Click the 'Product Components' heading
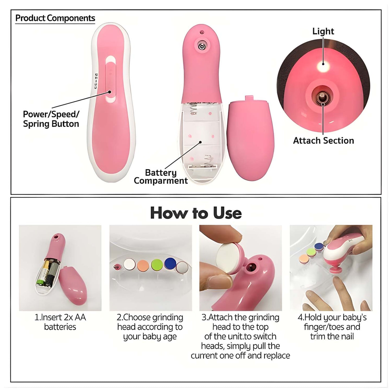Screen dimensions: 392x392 55,18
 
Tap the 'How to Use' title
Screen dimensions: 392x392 196,213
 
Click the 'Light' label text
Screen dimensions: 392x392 323,31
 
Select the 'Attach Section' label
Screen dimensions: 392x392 323,141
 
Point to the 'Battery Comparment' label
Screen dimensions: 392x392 161,177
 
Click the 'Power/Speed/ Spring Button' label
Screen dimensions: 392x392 51,119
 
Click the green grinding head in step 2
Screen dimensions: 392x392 157,264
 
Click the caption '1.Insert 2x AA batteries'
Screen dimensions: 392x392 60,322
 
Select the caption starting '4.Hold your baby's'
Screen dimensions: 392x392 332,327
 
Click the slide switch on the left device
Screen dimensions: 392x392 110,81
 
